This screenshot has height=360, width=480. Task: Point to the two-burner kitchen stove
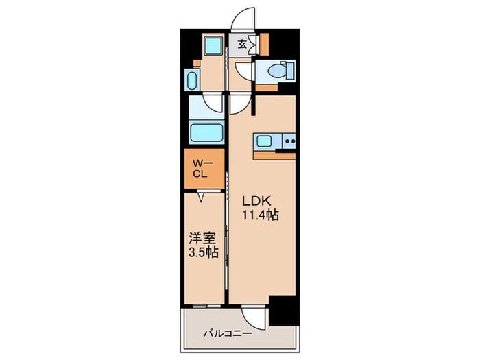(x=289, y=143)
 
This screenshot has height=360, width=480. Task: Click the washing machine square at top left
(x=213, y=47)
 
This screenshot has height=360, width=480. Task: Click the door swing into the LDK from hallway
(x=239, y=104)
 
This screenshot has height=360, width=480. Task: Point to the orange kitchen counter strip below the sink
(x=274, y=155)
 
